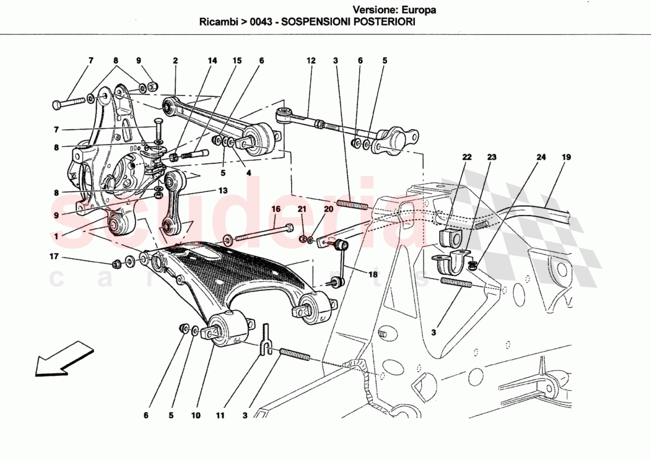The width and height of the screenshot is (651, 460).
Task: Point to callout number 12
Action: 311,60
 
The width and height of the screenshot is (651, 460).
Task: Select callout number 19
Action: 566,157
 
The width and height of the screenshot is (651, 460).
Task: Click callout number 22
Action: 468,157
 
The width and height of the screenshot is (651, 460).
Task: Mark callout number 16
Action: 276,209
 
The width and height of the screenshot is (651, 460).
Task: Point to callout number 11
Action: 220,416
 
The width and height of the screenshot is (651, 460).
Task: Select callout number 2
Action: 176,60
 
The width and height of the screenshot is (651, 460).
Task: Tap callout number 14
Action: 212,60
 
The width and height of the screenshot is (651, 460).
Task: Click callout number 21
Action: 302,209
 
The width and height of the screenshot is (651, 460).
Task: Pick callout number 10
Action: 195,416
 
